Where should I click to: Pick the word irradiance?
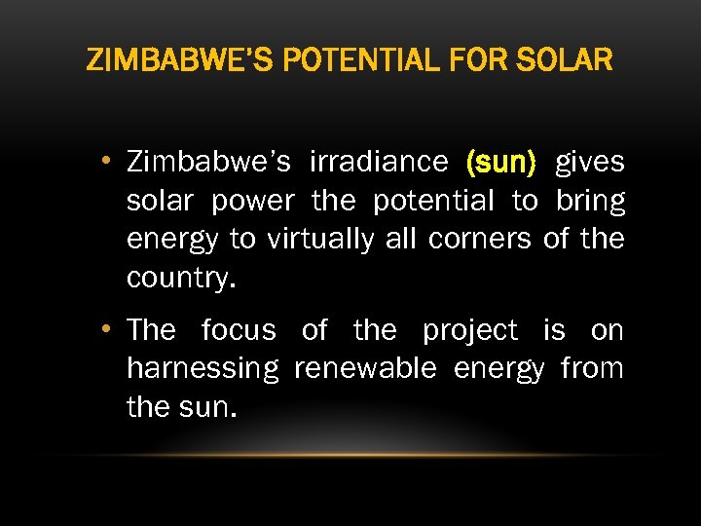(x=379, y=162)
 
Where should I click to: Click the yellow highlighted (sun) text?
(x=501, y=162)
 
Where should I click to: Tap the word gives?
(x=590, y=162)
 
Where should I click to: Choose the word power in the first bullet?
(x=253, y=201)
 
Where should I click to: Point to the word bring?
(x=591, y=201)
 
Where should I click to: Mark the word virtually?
(x=318, y=240)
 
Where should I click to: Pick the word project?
(x=470, y=331)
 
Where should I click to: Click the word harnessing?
(x=203, y=369)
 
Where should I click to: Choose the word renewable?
(x=365, y=369)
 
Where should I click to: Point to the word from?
(x=592, y=369)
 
